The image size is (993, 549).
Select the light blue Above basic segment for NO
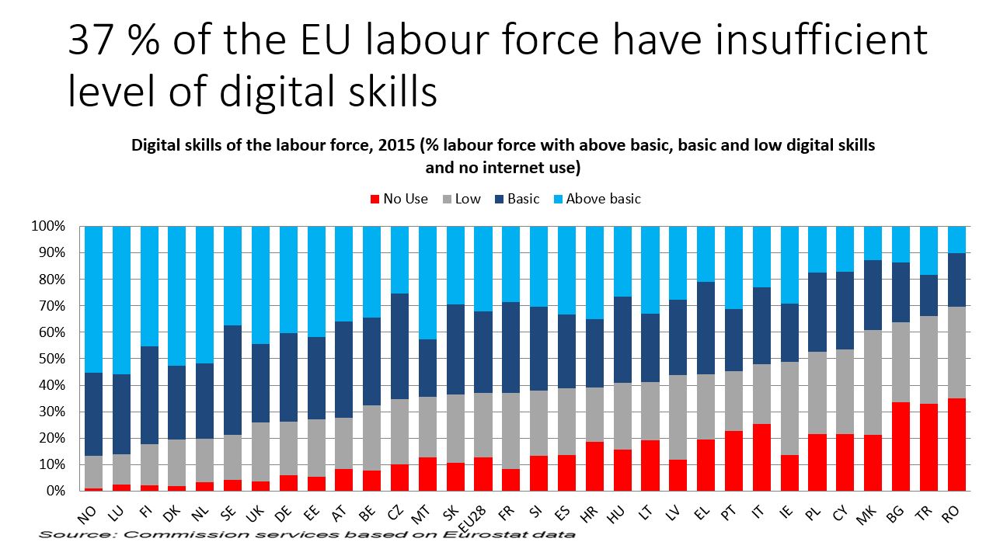pyautogui.click(x=93, y=299)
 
